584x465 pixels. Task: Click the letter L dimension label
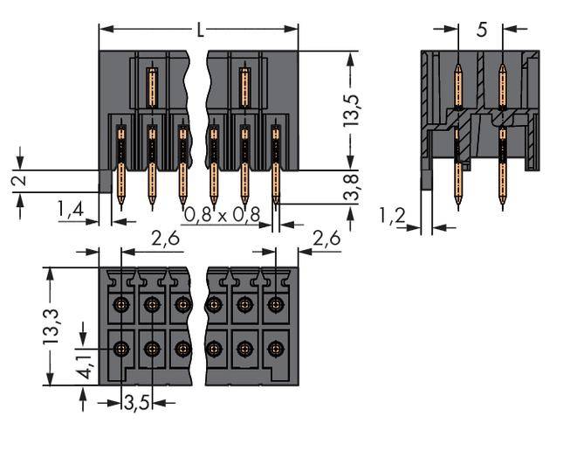coord(200,30)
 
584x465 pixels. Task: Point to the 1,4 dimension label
coord(72,209)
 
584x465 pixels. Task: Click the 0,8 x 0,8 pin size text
coord(222,214)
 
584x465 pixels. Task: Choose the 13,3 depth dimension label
coord(52,326)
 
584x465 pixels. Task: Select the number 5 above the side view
coord(481,30)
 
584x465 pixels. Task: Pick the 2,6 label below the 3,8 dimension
coord(326,239)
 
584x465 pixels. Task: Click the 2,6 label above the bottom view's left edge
coord(166,239)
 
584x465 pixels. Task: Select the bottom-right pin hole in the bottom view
coord(276,348)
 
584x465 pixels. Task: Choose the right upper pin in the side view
coord(502,87)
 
